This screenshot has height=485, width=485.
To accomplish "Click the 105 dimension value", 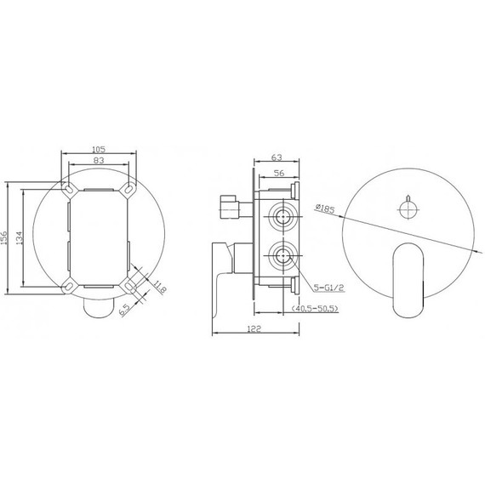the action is pyautogui.click(x=99, y=149).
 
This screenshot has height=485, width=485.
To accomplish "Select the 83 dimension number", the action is pyautogui.click(x=99, y=160).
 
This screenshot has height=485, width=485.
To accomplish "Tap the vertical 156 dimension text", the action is pyautogui.click(x=3, y=238).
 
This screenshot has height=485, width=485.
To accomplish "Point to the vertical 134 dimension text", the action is pyautogui.click(x=20, y=238).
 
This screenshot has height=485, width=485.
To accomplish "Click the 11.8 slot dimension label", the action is pyautogui.click(x=160, y=287).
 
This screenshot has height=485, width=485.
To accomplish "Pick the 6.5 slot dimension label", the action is pyautogui.click(x=124, y=310).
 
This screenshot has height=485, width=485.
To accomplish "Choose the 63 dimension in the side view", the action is pyautogui.click(x=277, y=157).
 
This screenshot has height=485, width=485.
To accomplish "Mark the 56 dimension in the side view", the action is pyautogui.click(x=279, y=174).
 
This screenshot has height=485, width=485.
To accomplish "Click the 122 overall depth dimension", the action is pyautogui.click(x=254, y=328).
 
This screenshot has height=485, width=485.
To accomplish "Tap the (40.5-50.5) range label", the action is pyautogui.click(x=315, y=308).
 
